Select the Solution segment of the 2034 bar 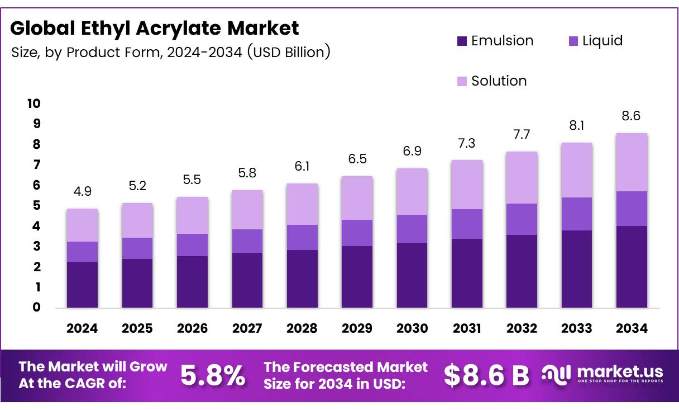632,162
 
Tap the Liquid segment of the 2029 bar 357,233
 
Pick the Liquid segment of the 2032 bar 522,219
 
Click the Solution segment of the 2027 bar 247,210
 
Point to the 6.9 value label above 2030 412,152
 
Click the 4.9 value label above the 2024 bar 82,192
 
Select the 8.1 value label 577,126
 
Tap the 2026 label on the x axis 192,328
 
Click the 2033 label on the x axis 577,328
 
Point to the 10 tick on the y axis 33,103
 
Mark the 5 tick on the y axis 36,206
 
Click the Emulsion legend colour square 461,41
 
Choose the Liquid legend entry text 602,41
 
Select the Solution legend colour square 461,81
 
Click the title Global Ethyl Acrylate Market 155,28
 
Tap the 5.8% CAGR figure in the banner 213,375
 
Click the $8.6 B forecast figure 486,375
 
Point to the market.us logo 603,374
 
